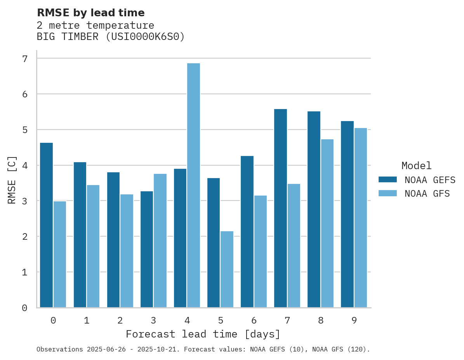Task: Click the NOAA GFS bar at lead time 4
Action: click(x=193, y=185)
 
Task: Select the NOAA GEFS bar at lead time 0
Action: click(x=47, y=225)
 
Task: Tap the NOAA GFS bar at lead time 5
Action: click(x=227, y=269)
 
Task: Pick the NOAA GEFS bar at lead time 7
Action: click(x=280, y=208)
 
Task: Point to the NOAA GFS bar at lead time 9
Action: click(x=360, y=218)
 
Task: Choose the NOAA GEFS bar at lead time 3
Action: click(x=147, y=249)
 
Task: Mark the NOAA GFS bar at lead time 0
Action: click(x=60, y=254)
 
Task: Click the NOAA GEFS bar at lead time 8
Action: click(x=314, y=209)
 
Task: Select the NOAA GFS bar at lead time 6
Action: click(x=260, y=251)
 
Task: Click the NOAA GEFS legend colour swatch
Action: click(x=388, y=180)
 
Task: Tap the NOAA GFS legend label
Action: click(x=427, y=194)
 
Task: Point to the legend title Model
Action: click(x=417, y=166)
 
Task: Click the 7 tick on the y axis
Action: click(x=25, y=59)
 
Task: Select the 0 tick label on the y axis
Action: click(x=25, y=308)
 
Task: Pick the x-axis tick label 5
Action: click(x=221, y=321)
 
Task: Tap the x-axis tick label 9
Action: click(x=354, y=321)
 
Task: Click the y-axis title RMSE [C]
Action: click(x=12, y=180)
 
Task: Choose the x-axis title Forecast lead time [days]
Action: click(x=203, y=334)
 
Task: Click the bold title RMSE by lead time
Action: click(x=91, y=13)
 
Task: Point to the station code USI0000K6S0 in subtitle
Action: click(x=145, y=37)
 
